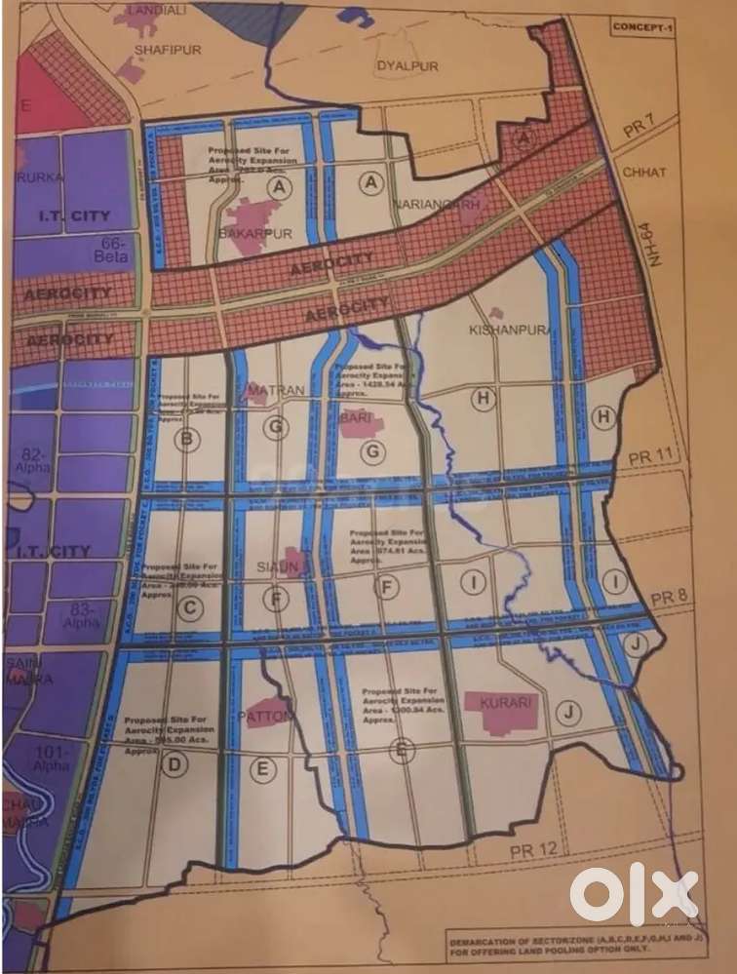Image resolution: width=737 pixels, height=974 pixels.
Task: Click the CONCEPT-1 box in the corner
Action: tap(644, 26)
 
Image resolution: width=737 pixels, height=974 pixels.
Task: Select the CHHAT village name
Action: tap(644, 173)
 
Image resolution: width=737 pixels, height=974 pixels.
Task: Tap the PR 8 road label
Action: tap(671, 597)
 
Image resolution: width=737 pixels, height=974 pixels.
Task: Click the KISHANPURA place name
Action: tap(510, 330)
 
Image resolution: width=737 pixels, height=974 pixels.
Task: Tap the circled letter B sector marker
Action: tap(186, 439)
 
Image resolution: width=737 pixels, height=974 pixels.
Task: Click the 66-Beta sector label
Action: tap(109, 248)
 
